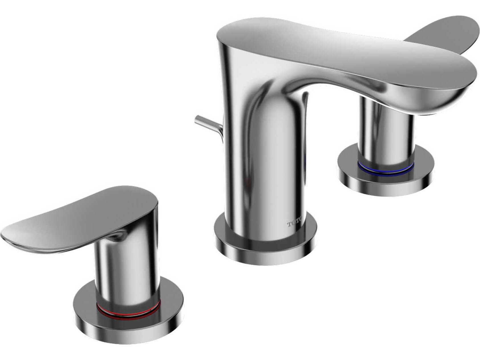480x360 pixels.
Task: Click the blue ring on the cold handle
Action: pos(385,170)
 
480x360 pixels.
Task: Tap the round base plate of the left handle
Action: pos(128,325)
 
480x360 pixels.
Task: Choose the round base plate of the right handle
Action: pos(385,182)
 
